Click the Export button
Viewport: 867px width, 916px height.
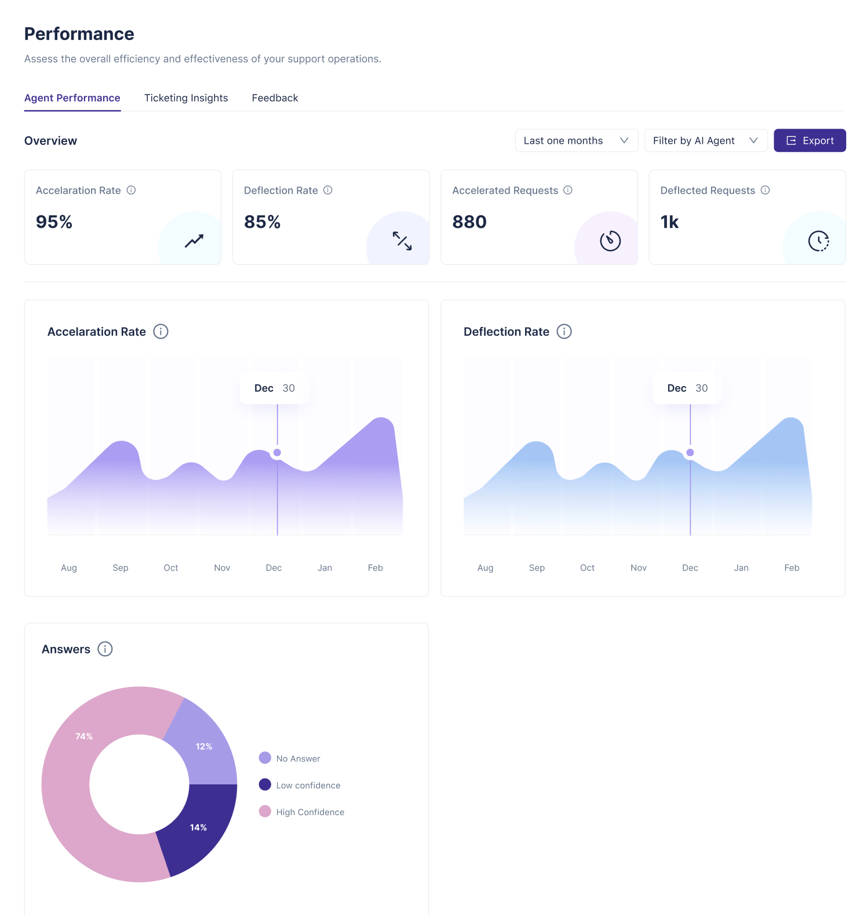pos(810,140)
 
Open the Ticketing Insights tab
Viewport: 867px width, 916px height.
pos(186,98)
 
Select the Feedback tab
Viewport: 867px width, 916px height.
pos(275,98)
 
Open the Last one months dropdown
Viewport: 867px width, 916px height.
pos(577,140)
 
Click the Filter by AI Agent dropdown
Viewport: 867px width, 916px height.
pos(706,140)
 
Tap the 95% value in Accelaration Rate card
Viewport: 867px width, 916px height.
pos(54,222)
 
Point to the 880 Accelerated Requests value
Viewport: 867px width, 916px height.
pos(469,222)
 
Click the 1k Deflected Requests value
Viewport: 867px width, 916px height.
pos(669,222)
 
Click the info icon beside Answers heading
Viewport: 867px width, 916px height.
pos(105,649)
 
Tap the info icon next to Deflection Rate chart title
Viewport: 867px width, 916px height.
pos(564,331)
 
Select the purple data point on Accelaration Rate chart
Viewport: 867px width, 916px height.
pos(277,452)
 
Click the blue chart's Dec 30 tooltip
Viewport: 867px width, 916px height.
pos(687,388)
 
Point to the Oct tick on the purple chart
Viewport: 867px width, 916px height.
pos(171,568)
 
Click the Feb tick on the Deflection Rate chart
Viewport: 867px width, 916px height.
pos(792,568)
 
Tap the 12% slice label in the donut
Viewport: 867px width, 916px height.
pos(204,746)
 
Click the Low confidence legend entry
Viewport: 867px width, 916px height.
pos(300,785)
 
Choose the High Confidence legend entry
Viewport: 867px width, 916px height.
pos(301,812)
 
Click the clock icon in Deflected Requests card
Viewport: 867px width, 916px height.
pos(818,241)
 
